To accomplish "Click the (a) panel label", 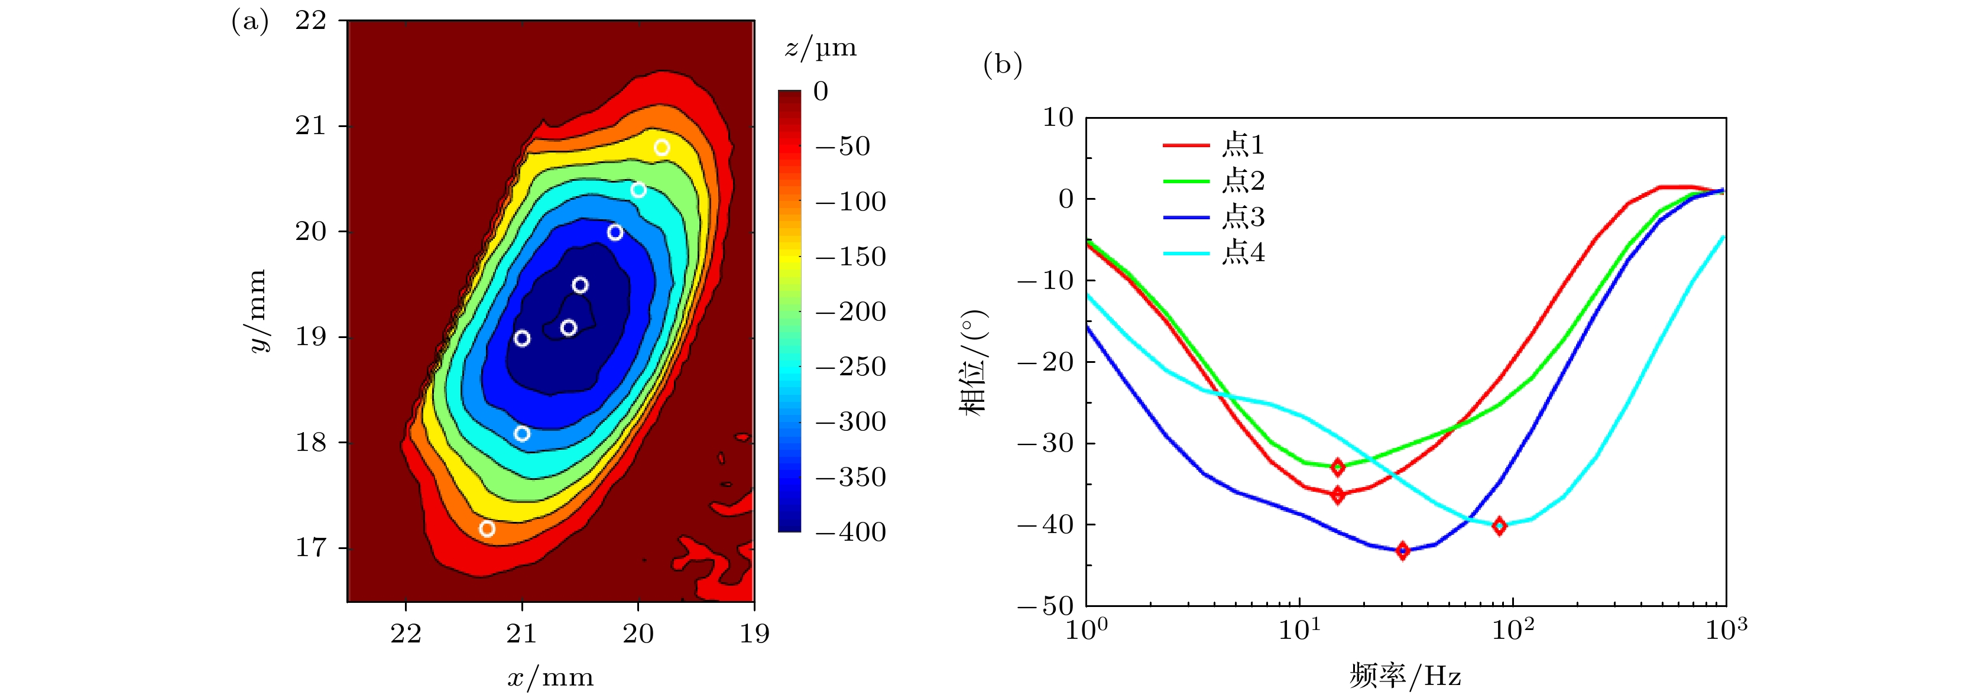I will click(x=249, y=21).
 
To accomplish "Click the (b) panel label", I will click(x=1002, y=64).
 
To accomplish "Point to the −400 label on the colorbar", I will click(x=851, y=532).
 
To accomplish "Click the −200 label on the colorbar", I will click(x=851, y=311).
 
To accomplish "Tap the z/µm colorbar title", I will click(x=820, y=48).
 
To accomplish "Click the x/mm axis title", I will click(x=550, y=677).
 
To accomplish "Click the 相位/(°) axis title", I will click(x=973, y=362).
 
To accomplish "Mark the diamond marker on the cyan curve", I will click(x=1499, y=526).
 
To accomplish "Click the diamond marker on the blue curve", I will click(x=1402, y=550).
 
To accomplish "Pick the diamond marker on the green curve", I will click(x=1338, y=467).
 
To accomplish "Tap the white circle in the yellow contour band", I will click(x=662, y=147).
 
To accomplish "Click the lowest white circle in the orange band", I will click(x=487, y=528).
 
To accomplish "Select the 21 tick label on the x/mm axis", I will click(x=521, y=634).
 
